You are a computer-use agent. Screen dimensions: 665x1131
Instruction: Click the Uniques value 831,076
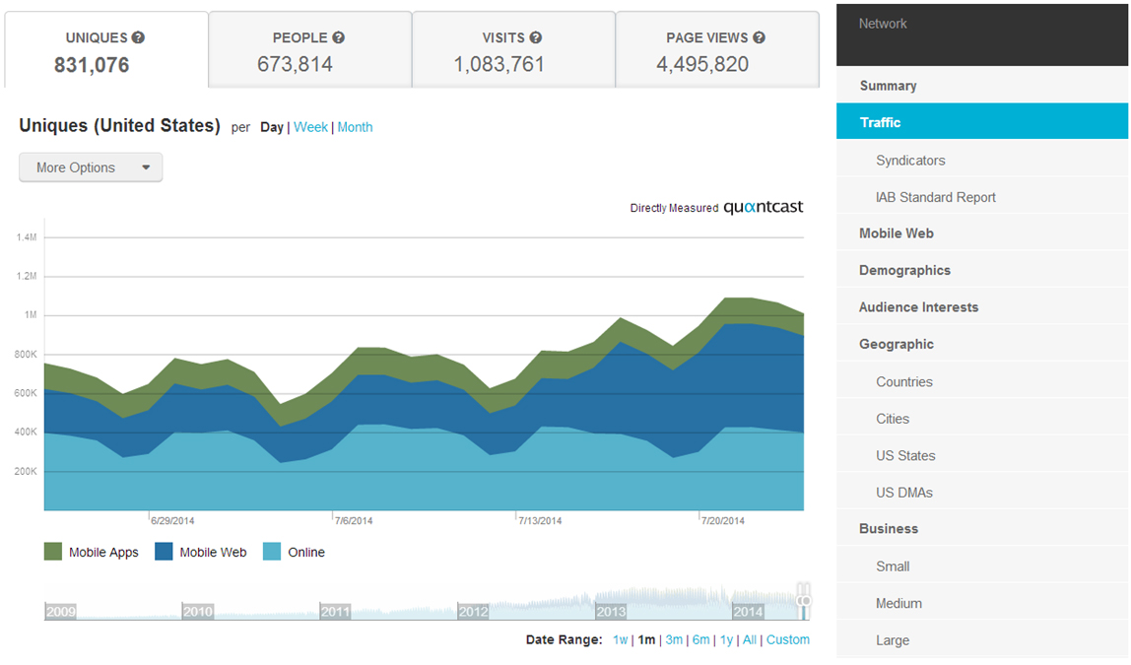[x=92, y=65]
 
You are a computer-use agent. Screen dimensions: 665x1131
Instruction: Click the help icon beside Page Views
[x=759, y=37]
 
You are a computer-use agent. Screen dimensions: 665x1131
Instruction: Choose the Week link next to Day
[x=310, y=127]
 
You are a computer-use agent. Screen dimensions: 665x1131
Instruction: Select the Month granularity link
[x=355, y=127]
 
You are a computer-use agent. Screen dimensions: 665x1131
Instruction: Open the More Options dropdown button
[x=91, y=167]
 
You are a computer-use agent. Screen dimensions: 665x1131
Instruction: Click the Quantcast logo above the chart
[x=763, y=207]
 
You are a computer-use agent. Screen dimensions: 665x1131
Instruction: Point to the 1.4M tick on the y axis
[x=27, y=237]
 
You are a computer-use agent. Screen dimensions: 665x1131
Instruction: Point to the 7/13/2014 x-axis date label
[x=540, y=520]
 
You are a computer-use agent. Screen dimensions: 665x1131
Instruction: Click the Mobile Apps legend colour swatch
[x=53, y=552]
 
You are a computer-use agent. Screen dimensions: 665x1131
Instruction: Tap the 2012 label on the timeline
[x=473, y=611]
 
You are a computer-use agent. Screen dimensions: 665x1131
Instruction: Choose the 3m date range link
[x=674, y=639]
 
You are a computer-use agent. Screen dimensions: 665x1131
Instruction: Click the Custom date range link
[x=787, y=639]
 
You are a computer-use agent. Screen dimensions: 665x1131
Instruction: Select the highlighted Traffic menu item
[x=982, y=122]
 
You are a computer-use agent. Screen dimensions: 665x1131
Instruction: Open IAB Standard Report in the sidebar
[x=935, y=197]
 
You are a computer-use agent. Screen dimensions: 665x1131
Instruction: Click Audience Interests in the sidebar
[x=918, y=307]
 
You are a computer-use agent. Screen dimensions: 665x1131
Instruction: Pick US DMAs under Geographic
[x=903, y=493]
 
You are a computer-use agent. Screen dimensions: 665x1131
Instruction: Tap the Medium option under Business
[x=898, y=603]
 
